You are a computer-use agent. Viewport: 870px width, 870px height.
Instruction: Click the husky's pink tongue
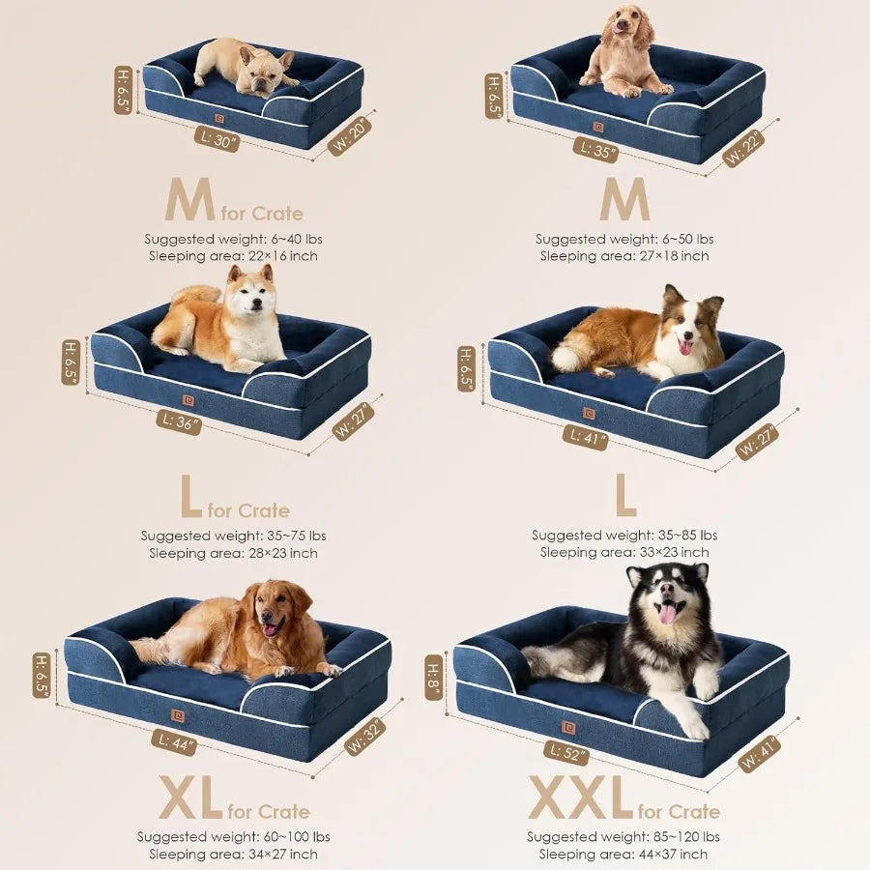pyautogui.click(x=667, y=613)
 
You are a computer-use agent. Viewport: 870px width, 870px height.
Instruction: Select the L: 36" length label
pyautogui.click(x=179, y=421)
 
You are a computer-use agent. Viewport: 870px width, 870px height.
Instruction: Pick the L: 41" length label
pyautogui.click(x=586, y=438)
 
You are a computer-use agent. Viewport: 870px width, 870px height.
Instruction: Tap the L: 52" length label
pyautogui.click(x=567, y=750)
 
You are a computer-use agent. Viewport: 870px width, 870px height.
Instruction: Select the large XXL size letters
pyautogui.click(x=580, y=798)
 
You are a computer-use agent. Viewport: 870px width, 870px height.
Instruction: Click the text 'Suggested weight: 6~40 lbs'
pyautogui.click(x=233, y=239)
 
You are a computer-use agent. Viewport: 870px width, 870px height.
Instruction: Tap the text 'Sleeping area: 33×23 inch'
pyautogui.click(x=624, y=552)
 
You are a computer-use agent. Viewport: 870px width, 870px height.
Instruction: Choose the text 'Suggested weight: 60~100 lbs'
pyautogui.click(x=233, y=836)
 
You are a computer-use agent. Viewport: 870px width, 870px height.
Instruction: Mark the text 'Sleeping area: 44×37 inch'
pyautogui.click(x=623, y=854)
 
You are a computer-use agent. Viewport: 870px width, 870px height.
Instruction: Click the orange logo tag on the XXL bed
pyautogui.click(x=569, y=727)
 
